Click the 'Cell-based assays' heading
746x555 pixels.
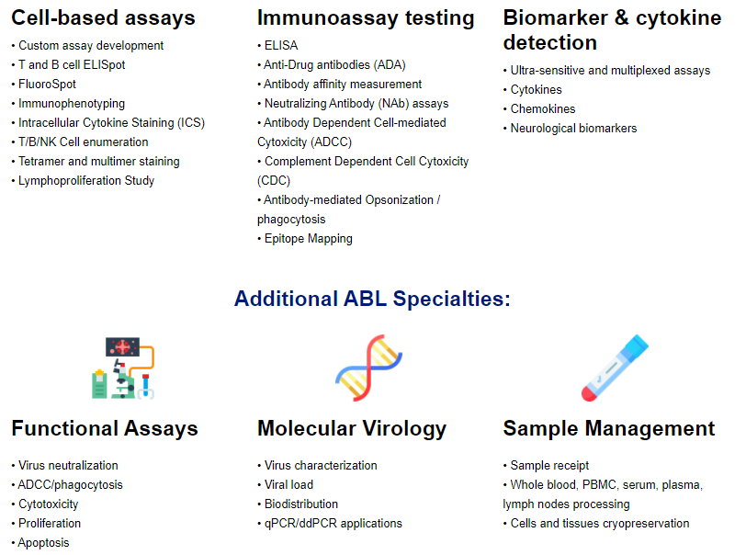[x=103, y=18]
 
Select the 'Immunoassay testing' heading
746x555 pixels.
[x=366, y=19]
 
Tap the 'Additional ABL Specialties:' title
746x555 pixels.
[x=372, y=299]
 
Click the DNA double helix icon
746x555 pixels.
[x=368, y=368]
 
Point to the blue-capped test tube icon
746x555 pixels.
[x=615, y=368]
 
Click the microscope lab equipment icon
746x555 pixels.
[x=123, y=368]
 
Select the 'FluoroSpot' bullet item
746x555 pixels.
[x=47, y=85]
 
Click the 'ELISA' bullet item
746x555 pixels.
[x=281, y=46]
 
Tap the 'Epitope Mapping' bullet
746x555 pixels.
[x=309, y=239]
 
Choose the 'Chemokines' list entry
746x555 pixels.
[x=543, y=109]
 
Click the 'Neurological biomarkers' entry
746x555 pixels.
[x=573, y=129]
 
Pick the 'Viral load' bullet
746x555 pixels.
[x=288, y=485]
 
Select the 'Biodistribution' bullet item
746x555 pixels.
[x=301, y=504]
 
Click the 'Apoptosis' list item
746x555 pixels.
[x=43, y=543]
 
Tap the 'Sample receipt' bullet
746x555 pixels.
[x=549, y=466]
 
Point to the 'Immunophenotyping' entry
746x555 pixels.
[x=72, y=104]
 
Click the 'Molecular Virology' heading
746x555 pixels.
[x=352, y=429]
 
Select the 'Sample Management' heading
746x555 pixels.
[x=609, y=429]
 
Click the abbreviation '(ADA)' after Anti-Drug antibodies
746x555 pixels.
[x=390, y=65]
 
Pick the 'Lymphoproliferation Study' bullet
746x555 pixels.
[x=86, y=181]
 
